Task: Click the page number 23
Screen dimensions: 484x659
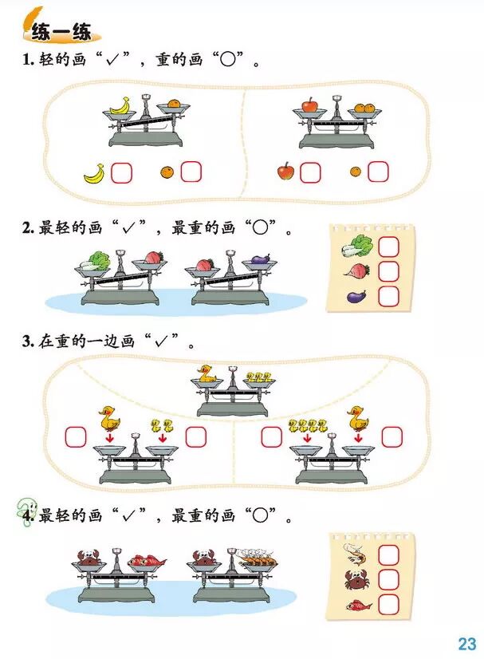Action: point(466,643)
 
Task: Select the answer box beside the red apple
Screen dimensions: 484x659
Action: point(310,172)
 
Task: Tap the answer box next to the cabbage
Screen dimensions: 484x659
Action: point(388,246)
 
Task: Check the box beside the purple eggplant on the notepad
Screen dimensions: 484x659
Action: point(388,297)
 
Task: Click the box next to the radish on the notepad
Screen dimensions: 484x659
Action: point(388,271)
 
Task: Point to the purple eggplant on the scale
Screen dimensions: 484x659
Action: point(261,259)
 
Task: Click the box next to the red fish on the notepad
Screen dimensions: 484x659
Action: point(388,604)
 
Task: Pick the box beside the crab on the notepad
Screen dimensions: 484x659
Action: point(388,579)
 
